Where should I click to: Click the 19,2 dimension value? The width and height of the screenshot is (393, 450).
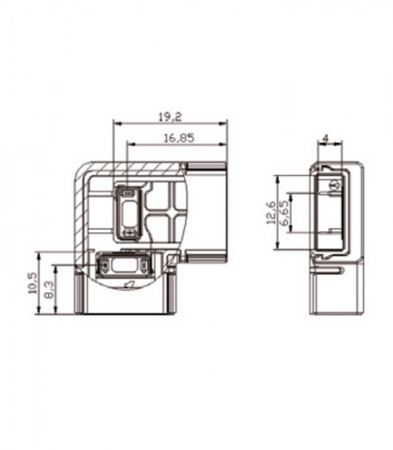170,117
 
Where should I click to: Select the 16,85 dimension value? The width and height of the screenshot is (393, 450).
179,138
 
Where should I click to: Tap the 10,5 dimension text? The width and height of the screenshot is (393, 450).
32,283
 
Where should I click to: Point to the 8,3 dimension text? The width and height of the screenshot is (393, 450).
49,291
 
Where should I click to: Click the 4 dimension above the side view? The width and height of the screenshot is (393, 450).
325,138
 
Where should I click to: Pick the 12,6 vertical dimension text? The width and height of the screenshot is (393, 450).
271,212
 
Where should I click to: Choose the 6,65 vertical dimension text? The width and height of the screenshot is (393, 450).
284,213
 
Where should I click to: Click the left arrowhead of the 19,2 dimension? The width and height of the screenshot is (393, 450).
117,124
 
